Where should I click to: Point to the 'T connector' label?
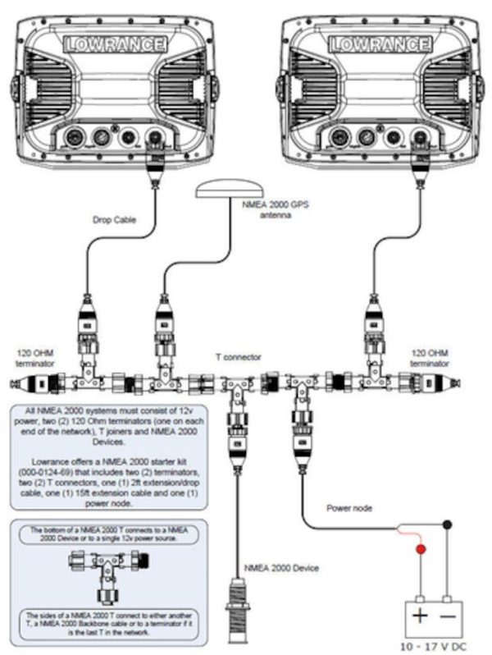click(x=239, y=357)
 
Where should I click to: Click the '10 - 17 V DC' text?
click(x=431, y=645)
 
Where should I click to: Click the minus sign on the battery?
click(x=447, y=616)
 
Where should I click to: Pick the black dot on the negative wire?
click(x=447, y=524)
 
